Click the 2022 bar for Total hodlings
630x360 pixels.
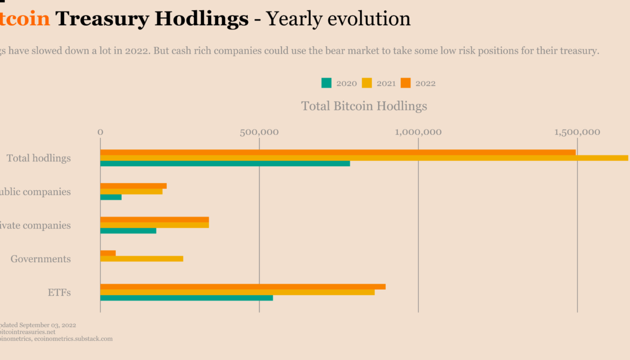pyautogui.click(x=338, y=152)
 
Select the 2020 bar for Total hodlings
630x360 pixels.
pyautogui.click(x=225, y=163)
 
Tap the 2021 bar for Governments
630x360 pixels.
pyautogui.click(x=142, y=259)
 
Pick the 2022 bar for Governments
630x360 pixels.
pyautogui.click(x=108, y=253)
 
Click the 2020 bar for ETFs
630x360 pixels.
pyautogui.click(x=187, y=298)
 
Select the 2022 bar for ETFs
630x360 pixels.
pyautogui.click(x=243, y=287)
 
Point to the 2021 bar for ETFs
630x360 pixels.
pyautogui.click(x=238, y=292)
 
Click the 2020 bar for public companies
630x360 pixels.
pyautogui.click(x=111, y=197)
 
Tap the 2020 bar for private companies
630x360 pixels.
pyautogui.click(x=128, y=230)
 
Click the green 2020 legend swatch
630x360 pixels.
pyautogui.click(x=326, y=83)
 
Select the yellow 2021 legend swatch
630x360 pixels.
pyautogui.click(x=367, y=83)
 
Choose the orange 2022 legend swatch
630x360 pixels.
pyautogui.click(x=406, y=83)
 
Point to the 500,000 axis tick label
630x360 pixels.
pyautogui.click(x=259, y=132)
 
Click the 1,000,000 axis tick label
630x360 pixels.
pyautogui.click(x=418, y=132)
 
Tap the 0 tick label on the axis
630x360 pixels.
pyautogui.click(x=100, y=132)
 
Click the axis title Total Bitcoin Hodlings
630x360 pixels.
pyautogui.click(x=364, y=106)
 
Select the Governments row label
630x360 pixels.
pyautogui.click(x=41, y=259)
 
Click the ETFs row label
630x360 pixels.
pyautogui.click(x=59, y=293)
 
